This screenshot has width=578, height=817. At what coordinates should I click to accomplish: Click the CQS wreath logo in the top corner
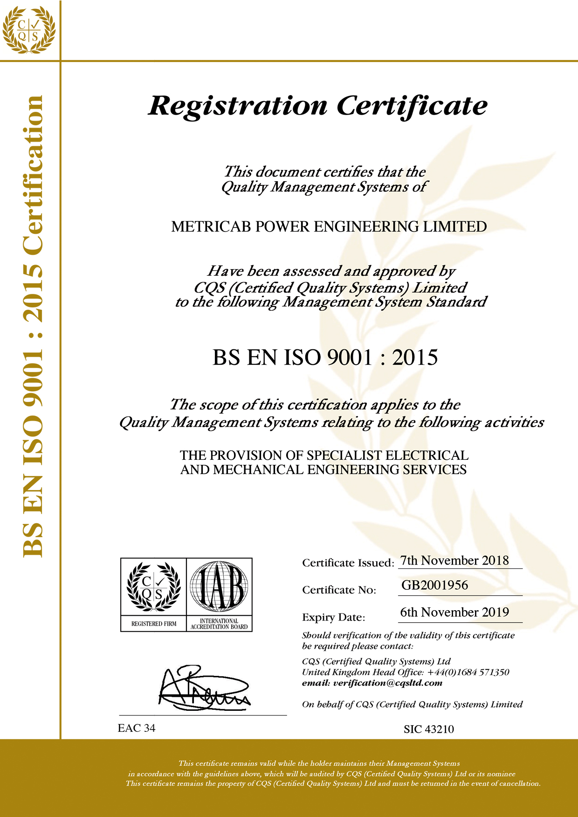[x=29, y=29]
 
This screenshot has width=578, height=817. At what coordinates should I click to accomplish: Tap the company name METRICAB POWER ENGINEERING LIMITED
[x=329, y=227]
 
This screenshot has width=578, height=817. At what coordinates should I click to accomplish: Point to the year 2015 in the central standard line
[x=415, y=358]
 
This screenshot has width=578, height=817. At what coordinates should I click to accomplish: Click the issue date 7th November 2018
[x=454, y=560]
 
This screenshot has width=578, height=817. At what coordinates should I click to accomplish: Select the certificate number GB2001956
[x=434, y=585]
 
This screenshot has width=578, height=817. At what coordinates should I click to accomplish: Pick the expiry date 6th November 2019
[x=454, y=612]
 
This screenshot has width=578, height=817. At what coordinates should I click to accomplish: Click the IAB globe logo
[x=219, y=586]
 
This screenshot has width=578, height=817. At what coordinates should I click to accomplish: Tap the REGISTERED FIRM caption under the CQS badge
[x=154, y=624]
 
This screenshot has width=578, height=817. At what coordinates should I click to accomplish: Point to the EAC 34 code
[x=137, y=728]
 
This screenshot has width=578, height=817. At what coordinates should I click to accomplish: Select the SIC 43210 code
[x=429, y=729]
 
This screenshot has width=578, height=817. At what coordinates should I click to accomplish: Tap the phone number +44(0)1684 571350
[x=468, y=672]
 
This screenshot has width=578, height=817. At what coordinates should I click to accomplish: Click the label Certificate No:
[x=339, y=590]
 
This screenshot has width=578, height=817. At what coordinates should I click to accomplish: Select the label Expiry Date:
[x=333, y=617]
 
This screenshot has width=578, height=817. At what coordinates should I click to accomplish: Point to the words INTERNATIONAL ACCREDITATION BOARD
[x=219, y=624]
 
